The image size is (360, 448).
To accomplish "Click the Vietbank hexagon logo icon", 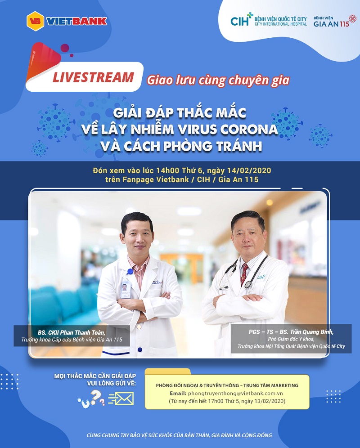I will pyautogui.click(x=35, y=21).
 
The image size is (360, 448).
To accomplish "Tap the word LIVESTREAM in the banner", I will pyautogui.click(x=93, y=77).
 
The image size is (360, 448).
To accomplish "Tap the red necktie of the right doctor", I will pyautogui.click(x=244, y=273).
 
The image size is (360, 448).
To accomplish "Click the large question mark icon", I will pyautogui.click(x=95, y=396).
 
